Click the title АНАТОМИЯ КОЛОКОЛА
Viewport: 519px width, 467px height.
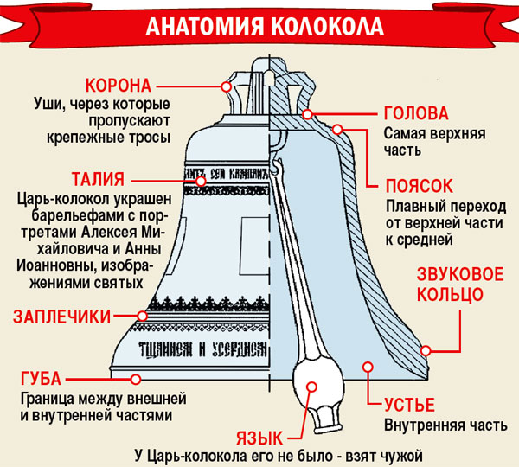pos(265,26)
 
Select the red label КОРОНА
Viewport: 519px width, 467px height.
pos(119,86)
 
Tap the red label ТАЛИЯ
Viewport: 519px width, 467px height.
pos(99,179)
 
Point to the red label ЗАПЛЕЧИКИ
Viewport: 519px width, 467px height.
pos(61,317)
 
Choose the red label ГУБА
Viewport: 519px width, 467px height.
pos(41,379)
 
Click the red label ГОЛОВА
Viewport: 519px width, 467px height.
pos(416,113)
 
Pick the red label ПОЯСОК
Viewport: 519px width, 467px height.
pos(419,186)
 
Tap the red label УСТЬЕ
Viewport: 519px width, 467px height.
pos(409,405)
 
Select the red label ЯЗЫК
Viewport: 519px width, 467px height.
pos(259,438)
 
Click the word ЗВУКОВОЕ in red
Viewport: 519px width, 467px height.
pos(460,274)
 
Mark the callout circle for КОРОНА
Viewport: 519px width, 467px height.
pos(227,86)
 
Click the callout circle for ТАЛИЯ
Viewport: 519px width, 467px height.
pos(201,182)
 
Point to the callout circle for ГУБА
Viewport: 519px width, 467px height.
pos(136,380)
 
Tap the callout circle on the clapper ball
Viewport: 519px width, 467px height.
pos(311,387)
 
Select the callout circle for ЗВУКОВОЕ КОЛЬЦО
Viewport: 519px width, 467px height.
pos(426,350)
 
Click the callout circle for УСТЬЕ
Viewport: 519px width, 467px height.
pos(368,367)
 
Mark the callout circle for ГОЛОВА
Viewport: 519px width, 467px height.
pos(307,114)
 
